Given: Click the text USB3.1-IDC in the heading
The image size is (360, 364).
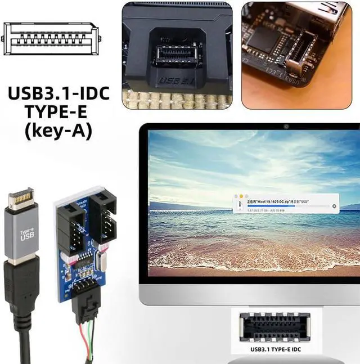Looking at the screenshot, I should coord(58,93).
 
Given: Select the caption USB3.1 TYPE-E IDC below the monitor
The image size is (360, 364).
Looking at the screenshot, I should coord(280,349).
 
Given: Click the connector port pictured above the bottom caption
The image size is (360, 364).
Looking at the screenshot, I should coord(280,326).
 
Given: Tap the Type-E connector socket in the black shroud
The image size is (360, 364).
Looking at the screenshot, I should coord(174,55).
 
